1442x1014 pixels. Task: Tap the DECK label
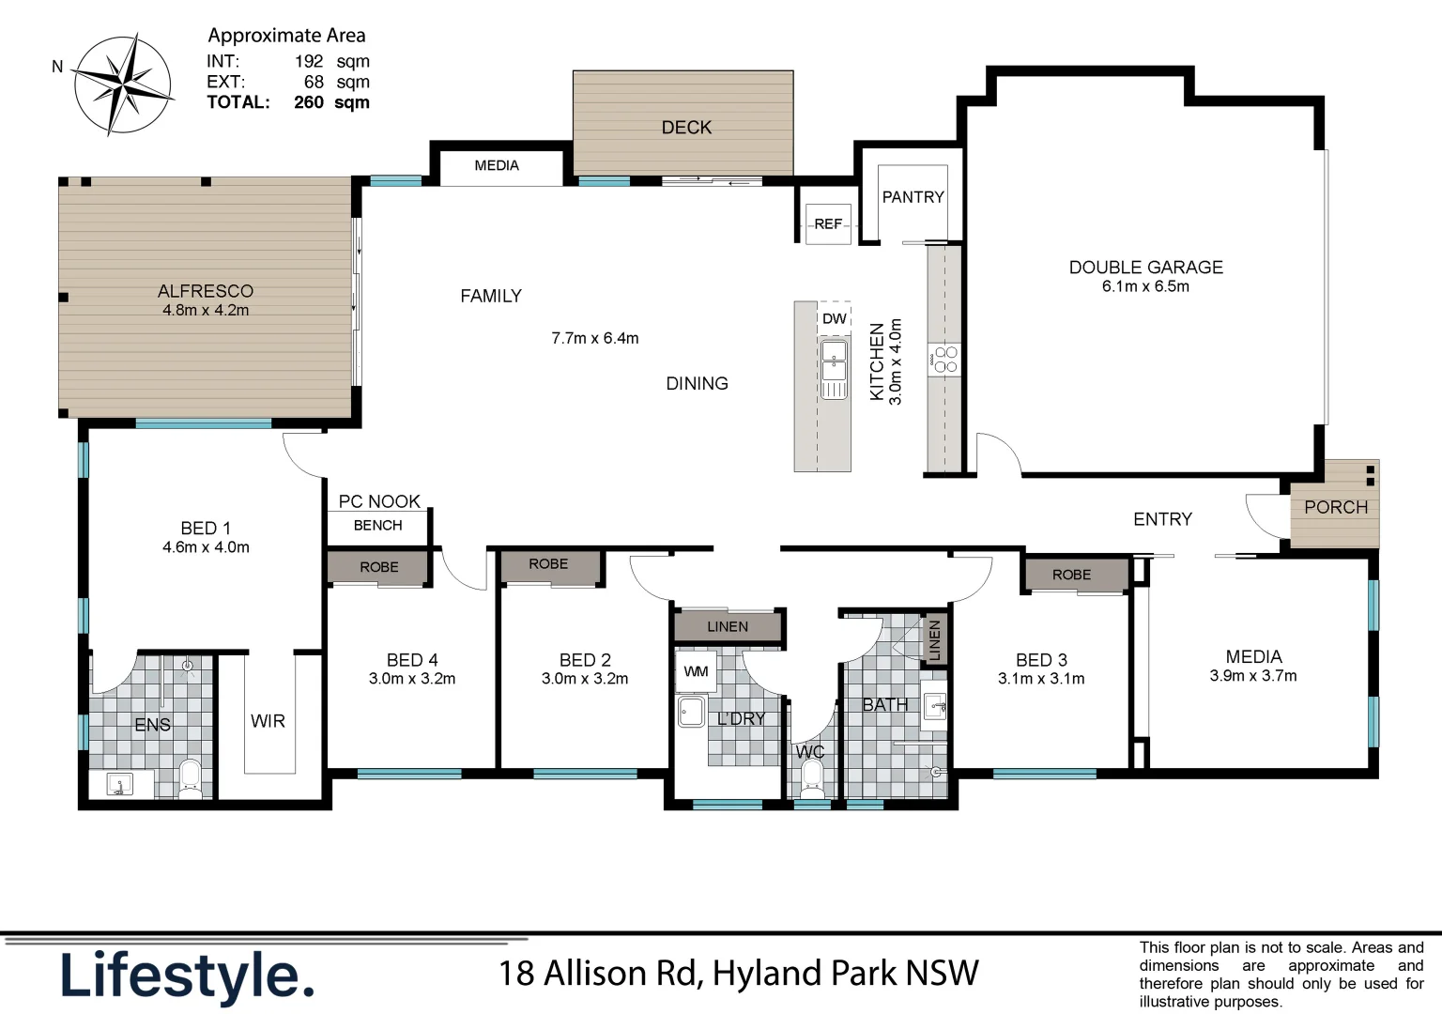coord(686,128)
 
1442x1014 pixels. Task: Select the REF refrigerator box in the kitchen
coord(828,224)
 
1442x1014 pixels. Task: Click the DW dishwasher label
coord(834,319)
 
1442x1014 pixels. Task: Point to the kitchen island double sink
coord(834,370)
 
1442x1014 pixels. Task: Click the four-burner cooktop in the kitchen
coord(944,360)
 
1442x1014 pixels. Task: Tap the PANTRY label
coord(913,197)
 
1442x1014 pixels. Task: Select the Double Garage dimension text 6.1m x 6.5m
coord(1145,287)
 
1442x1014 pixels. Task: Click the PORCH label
coord(1335,508)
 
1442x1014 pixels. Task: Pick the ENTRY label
coord(1162,519)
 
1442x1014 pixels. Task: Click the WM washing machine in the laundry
coord(696,672)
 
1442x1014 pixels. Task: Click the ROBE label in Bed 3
coord(1071,576)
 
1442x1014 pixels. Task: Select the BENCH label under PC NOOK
coord(377,526)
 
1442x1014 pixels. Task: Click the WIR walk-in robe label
coord(268,721)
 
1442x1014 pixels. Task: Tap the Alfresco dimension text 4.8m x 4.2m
coord(206,311)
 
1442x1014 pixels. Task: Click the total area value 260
coord(309,102)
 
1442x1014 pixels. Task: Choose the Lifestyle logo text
coord(187,976)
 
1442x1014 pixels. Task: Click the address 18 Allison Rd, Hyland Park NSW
coord(738,974)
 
